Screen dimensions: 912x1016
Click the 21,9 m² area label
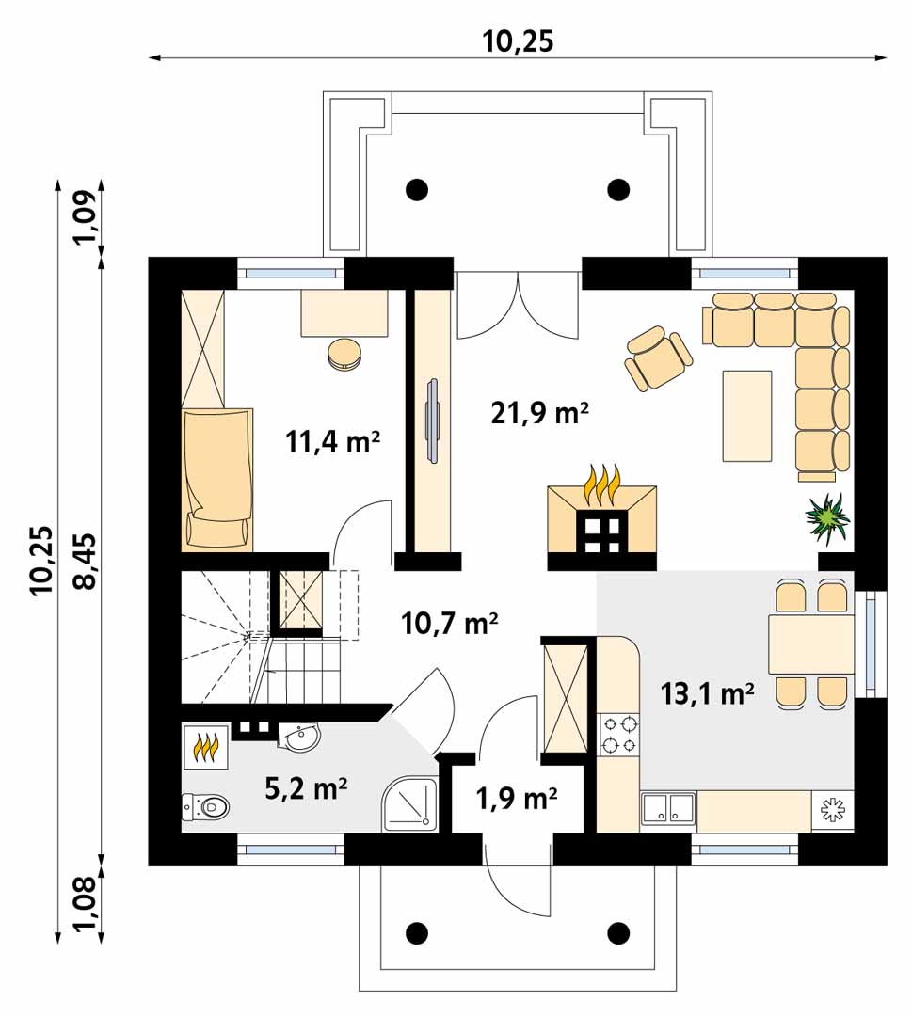pos(539,413)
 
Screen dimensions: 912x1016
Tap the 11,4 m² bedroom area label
pos(332,442)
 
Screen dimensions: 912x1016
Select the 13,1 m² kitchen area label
pos(707,693)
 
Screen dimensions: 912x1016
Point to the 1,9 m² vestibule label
pos(517,799)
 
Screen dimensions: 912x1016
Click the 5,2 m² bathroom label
pos(306,788)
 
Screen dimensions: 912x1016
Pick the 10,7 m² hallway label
pos(449,624)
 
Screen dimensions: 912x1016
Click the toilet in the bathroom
pos(205,807)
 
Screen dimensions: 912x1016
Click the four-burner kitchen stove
pos(619,735)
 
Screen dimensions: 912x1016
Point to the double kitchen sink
pos(668,809)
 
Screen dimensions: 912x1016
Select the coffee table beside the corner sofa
pos(747,416)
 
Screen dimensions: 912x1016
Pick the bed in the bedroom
pos(217,479)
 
